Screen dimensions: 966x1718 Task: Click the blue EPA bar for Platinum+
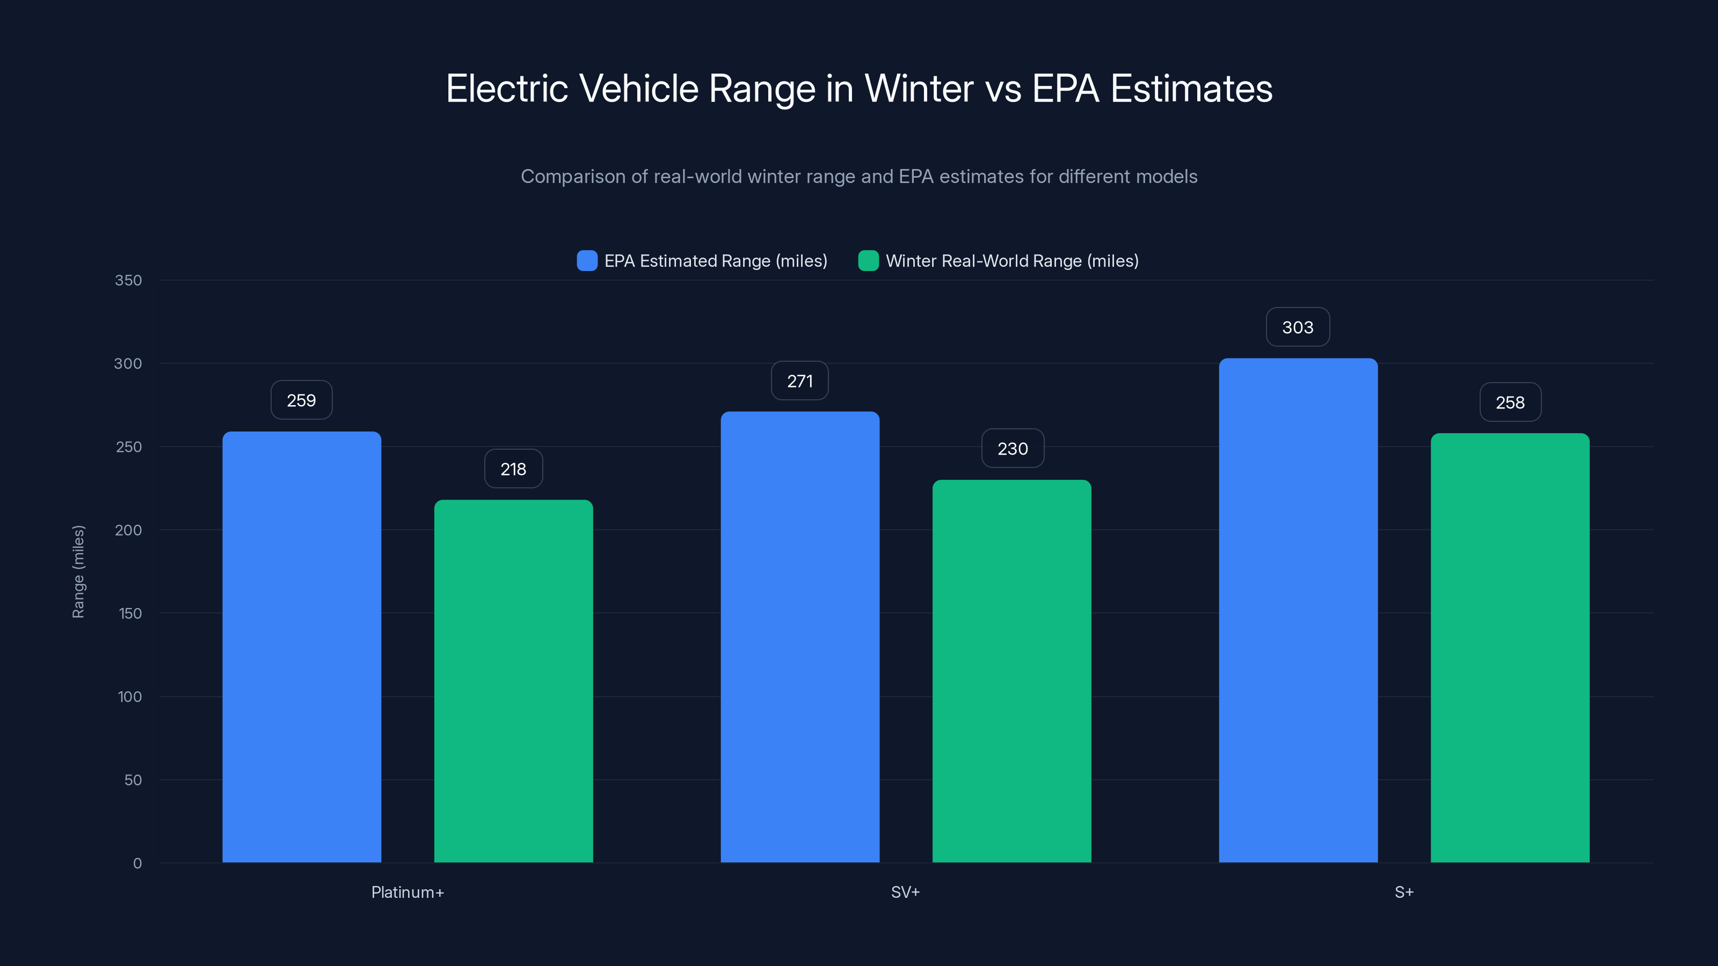coord(301,647)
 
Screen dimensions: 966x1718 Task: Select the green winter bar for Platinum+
coord(514,680)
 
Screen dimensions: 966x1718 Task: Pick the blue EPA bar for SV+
coord(799,636)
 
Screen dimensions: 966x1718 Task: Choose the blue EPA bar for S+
coord(1298,610)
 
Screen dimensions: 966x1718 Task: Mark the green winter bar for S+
coord(1510,647)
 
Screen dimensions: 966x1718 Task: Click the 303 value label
coord(1297,327)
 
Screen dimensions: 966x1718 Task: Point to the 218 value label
coord(513,470)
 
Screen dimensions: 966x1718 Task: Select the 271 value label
coord(799,382)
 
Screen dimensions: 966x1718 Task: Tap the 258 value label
coord(1510,402)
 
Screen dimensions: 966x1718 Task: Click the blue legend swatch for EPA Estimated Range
coord(587,261)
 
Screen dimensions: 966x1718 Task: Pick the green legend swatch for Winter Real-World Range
coord(868,261)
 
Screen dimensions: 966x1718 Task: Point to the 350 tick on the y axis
coord(128,281)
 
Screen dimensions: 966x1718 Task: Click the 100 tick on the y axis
coord(129,697)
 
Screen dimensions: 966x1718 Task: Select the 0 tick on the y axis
coord(137,863)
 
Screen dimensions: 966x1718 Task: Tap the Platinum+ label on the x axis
coord(407,892)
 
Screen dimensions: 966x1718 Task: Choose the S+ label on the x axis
coord(1404,892)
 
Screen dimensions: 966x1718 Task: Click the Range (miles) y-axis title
coord(78,572)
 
